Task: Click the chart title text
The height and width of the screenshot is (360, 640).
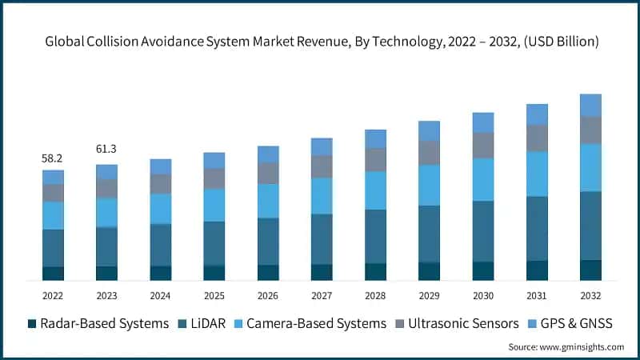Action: (x=320, y=42)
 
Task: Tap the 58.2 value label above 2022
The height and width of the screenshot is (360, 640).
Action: (x=53, y=159)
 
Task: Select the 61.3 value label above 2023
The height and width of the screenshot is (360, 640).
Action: (x=106, y=149)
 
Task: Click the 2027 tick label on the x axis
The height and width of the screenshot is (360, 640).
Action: (x=322, y=295)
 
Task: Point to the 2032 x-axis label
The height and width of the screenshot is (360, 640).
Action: (x=590, y=295)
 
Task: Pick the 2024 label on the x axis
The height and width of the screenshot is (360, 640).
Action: (x=160, y=295)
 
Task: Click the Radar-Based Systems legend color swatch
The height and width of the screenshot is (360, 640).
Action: (x=32, y=323)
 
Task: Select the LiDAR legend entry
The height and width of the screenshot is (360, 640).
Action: (x=208, y=323)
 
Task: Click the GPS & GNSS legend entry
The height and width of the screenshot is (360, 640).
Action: (x=572, y=323)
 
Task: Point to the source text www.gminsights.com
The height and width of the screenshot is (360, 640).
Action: (x=566, y=347)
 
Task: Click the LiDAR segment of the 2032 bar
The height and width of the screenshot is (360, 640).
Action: (x=590, y=226)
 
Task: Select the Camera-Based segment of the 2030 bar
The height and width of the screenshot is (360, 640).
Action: (x=483, y=179)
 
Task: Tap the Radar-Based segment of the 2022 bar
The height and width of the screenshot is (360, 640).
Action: (x=53, y=274)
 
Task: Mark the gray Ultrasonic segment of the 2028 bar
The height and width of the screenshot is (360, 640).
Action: (x=375, y=159)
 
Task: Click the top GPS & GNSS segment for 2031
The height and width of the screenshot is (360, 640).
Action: (x=537, y=114)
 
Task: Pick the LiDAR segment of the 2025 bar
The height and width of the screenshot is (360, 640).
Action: (x=214, y=243)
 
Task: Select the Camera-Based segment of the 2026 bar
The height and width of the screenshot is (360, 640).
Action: (x=268, y=201)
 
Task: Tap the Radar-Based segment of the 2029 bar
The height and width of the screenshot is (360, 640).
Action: (x=429, y=271)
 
